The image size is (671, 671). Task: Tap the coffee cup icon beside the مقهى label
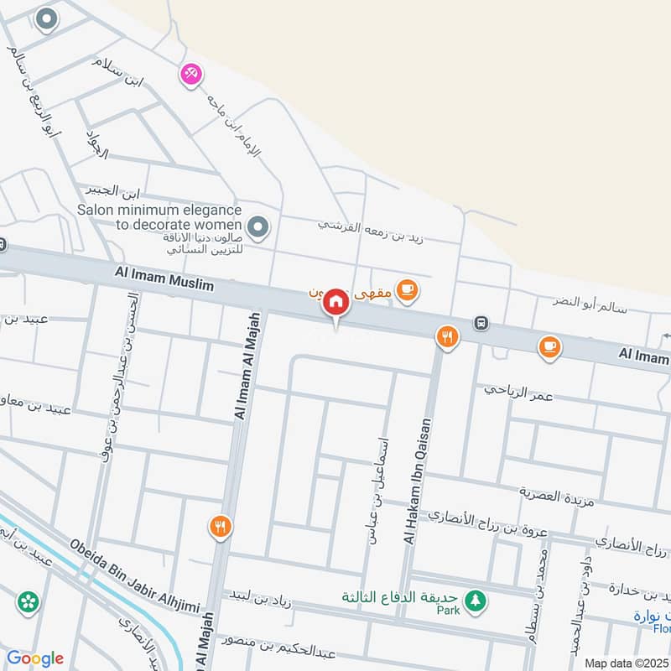[407, 290]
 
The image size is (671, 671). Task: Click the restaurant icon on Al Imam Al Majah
[220, 527]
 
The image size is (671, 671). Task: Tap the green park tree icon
[476, 600]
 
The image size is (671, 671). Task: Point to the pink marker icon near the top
[191, 75]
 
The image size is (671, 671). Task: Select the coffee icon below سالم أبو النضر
[549, 345]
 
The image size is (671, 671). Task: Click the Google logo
[34, 658]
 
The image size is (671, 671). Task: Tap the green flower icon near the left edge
[28, 601]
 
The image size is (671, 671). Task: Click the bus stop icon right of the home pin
[481, 322]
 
